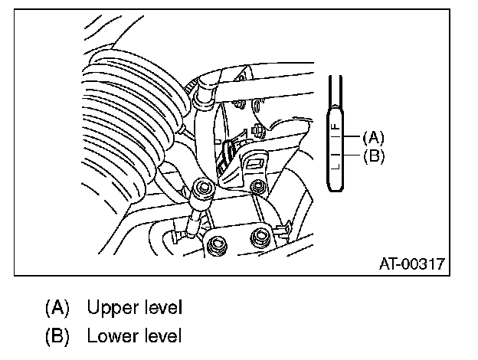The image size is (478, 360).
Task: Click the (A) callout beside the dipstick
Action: pyautogui.click(x=373, y=138)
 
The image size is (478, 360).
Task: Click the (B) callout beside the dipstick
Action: pyautogui.click(x=373, y=155)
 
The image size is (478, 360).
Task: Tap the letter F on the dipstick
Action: pyautogui.click(x=334, y=125)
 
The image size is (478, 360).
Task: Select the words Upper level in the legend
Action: pyautogui.click(x=135, y=308)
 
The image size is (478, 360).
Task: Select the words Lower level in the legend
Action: pyautogui.click(x=135, y=335)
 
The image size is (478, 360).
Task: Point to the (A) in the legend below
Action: pyautogui.click(x=57, y=308)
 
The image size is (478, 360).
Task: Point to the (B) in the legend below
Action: pyautogui.click(x=57, y=335)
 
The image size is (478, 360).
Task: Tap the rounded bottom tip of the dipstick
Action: pyautogui.click(x=336, y=184)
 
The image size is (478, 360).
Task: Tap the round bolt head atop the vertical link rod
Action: pyautogui.click(x=203, y=188)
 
